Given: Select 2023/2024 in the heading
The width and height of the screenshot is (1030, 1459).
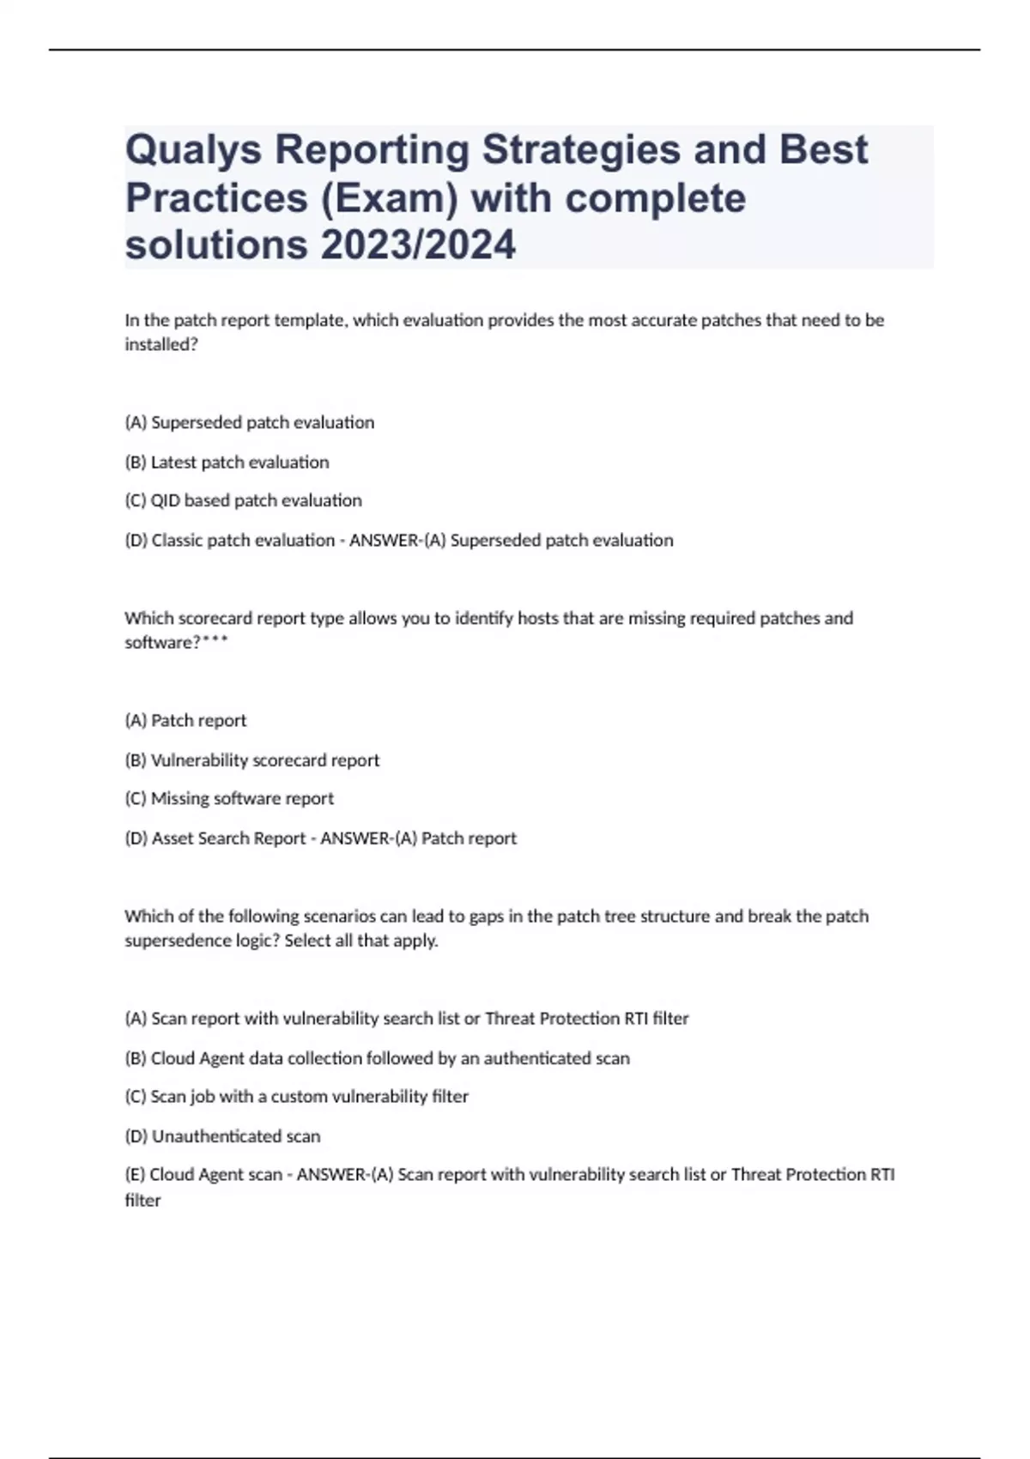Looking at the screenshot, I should click(418, 245).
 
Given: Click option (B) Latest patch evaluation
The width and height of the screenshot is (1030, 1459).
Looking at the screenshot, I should click(227, 463).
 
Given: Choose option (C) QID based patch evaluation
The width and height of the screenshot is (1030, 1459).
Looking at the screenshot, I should click(243, 500).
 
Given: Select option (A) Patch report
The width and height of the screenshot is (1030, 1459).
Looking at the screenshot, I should click(185, 721).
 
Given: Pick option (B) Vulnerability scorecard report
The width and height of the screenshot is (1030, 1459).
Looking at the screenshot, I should click(251, 760).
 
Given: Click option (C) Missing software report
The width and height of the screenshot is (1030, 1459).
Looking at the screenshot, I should click(229, 798).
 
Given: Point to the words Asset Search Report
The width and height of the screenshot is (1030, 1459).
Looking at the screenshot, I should click(228, 838).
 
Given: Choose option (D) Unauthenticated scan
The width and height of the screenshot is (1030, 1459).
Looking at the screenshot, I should click(222, 1136).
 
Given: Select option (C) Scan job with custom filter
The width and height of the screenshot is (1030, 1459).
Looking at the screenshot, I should click(296, 1097).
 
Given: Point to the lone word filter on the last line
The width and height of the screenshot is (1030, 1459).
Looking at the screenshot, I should click(142, 1201).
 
